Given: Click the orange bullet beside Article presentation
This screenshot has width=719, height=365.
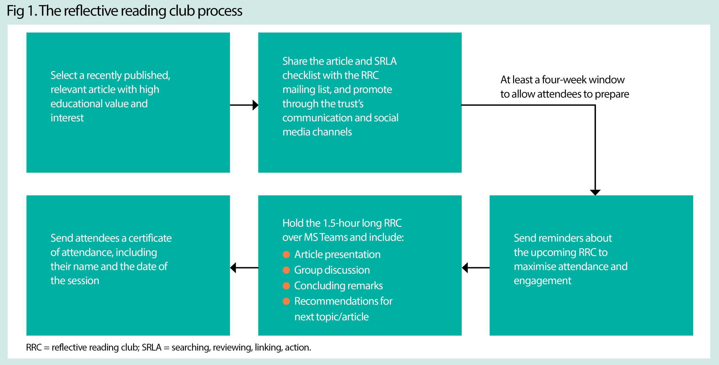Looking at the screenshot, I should coord(286,254).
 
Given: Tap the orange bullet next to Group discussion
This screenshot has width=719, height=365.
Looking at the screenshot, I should coord(286,270).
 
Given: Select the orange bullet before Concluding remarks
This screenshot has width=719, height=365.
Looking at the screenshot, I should coord(286,286).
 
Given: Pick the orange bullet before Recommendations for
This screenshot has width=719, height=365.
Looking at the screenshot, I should coord(286,301).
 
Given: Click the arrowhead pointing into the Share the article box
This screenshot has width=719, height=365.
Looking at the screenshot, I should coord(255,105).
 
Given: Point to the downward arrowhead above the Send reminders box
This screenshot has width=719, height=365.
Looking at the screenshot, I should coord(595,192).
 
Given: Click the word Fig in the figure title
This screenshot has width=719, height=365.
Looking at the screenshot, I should coord(15,11).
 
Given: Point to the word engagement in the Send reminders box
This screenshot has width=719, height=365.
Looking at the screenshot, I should coord(542,281).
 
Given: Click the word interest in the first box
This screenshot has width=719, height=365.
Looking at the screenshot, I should coord(67,118).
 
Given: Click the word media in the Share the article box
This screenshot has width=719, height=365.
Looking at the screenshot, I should coord(295,132).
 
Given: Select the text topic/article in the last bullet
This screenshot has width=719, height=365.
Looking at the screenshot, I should coord(342,317).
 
